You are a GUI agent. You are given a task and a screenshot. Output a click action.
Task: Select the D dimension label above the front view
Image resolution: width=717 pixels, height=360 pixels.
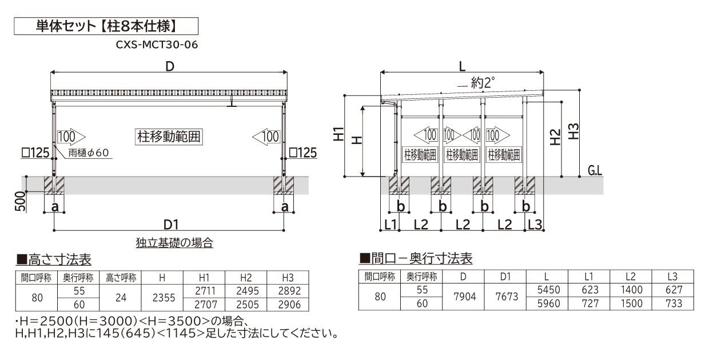point(169,66)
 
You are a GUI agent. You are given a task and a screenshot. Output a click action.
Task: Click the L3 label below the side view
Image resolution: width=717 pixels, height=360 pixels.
point(534,224)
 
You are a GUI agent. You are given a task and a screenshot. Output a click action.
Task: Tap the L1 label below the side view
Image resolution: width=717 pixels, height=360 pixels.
point(391,224)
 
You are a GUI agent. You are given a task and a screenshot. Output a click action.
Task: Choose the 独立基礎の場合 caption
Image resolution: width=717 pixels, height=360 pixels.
point(175,243)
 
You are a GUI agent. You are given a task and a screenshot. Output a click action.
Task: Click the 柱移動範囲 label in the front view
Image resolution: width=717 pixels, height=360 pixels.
point(170,137)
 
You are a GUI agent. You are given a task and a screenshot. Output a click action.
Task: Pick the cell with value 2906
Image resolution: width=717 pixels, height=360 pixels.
point(288,303)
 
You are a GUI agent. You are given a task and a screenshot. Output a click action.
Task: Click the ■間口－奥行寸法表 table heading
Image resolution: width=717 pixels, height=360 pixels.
point(416,259)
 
